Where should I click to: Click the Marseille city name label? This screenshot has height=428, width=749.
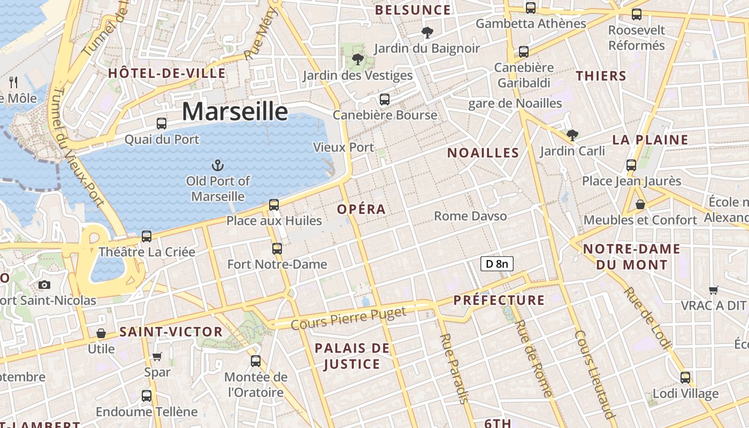[235, 111]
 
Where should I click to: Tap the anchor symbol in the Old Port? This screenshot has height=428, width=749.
[218, 165]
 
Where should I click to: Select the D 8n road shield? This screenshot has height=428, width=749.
[496, 263]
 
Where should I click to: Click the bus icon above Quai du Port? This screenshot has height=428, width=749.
[162, 124]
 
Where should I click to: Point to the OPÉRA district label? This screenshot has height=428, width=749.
[362, 209]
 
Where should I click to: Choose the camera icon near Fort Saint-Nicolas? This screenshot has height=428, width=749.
[44, 285]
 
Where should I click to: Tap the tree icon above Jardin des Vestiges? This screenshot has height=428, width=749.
[357, 59]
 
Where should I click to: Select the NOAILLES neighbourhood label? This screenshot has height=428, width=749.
[483, 153]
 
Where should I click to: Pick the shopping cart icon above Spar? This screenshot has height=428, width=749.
[157, 356]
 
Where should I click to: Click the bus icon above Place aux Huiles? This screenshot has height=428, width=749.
[274, 204]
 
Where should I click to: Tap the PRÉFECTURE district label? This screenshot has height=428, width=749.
[499, 300]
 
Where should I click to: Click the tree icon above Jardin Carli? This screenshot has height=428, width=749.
[572, 135]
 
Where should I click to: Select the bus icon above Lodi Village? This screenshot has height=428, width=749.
[685, 378]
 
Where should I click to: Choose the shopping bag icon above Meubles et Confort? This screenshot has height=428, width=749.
[640, 204]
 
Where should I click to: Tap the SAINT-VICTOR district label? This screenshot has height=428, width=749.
[171, 332]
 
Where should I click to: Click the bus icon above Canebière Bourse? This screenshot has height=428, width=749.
[384, 99]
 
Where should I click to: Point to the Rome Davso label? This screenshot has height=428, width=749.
[470, 216]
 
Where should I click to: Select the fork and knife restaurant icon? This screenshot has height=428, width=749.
[14, 82]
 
